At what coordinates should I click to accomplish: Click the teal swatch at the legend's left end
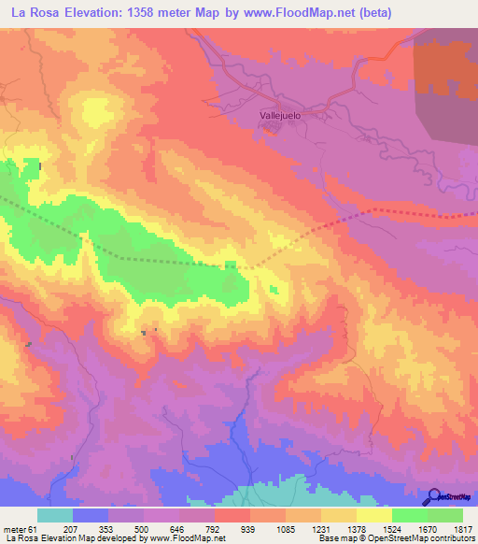coord(55,515)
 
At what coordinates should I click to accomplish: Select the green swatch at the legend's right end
coord(445,515)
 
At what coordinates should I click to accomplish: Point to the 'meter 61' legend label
coord(17,529)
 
